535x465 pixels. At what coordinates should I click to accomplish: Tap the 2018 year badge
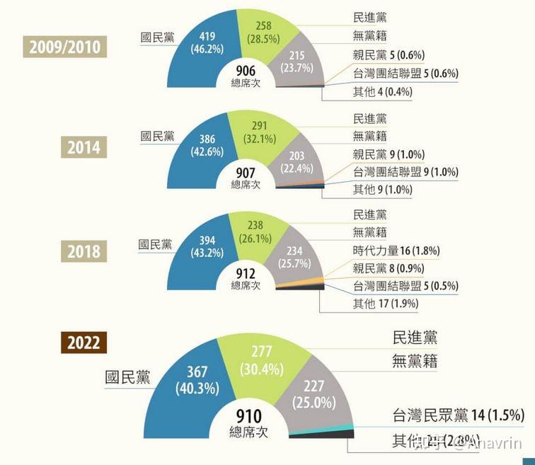(84, 251)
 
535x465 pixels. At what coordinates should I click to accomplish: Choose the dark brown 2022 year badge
(84, 343)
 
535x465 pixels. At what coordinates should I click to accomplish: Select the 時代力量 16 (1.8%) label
(396, 251)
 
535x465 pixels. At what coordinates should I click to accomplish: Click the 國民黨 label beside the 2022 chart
(127, 377)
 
